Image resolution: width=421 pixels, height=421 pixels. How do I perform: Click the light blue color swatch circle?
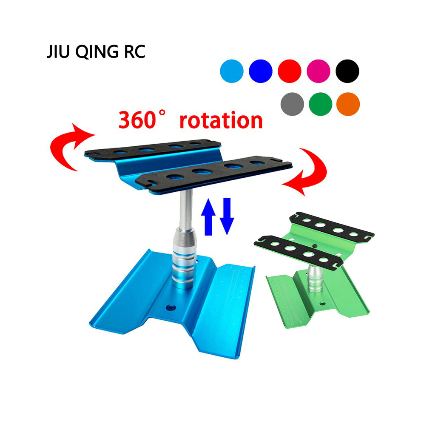(231, 71)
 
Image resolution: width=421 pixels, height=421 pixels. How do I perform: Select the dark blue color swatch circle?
(260, 71)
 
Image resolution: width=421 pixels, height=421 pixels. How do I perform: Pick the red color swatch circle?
(290, 71)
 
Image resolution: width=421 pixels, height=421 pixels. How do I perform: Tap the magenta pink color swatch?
(319, 71)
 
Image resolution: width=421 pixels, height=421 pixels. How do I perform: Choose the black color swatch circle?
(347, 71)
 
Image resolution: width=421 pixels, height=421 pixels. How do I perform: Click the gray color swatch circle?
(292, 104)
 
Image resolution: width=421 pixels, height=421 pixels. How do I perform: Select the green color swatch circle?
(320, 104)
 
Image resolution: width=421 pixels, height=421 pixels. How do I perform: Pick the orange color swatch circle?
(348, 104)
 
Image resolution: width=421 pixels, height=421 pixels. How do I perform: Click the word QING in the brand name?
(97, 52)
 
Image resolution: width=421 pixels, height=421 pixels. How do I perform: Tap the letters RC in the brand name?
(134, 51)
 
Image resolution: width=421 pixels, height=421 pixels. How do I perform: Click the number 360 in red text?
(137, 120)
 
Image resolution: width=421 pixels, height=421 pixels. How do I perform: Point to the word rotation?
(221, 120)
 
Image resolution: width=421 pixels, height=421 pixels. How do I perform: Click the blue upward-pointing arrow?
(208, 217)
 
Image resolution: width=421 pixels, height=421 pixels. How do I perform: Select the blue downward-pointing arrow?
(227, 216)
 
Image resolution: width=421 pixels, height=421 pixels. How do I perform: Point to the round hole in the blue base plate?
(171, 308)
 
